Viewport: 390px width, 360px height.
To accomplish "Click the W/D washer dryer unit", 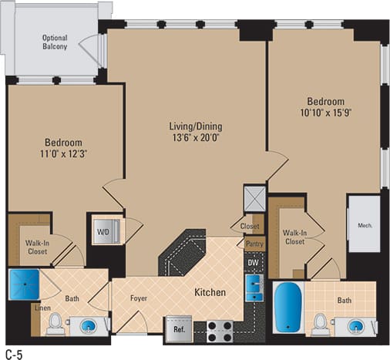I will [103, 229].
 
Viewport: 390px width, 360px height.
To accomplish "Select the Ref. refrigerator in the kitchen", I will [177, 328].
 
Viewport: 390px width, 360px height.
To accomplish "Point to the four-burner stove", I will [221, 330].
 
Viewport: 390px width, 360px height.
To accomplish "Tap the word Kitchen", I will [210, 293].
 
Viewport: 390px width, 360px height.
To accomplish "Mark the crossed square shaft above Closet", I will [254, 197].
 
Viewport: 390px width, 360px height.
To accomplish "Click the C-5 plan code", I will [14, 352].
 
